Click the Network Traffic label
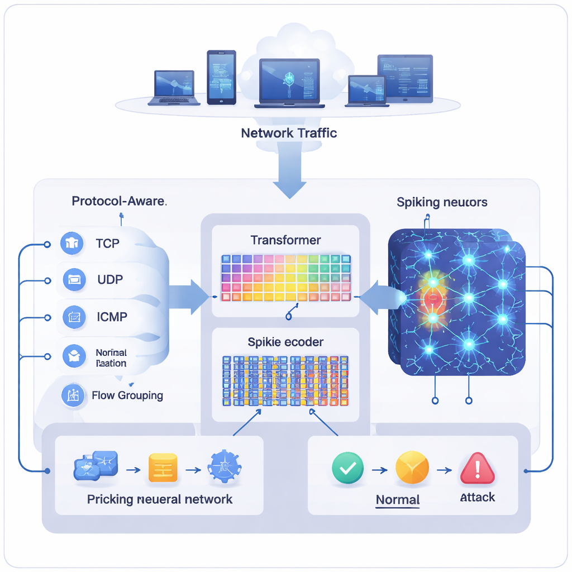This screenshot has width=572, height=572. point(289,134)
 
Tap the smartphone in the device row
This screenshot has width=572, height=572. point(222,77)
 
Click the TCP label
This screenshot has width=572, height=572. point(108,244)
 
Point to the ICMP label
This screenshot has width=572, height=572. point(111,317)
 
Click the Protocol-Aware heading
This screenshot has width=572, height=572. point(119,201)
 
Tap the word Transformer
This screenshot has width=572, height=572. point(285,240)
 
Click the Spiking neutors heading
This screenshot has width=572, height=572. point(442,202)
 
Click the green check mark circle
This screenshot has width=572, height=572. point(347,468)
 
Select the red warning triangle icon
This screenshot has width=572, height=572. point(477,468)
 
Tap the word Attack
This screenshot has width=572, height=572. point(477,497)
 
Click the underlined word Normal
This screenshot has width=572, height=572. point(398,499)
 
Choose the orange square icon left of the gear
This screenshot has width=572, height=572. point(163,468)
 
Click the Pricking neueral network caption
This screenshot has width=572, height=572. point(160,499)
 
